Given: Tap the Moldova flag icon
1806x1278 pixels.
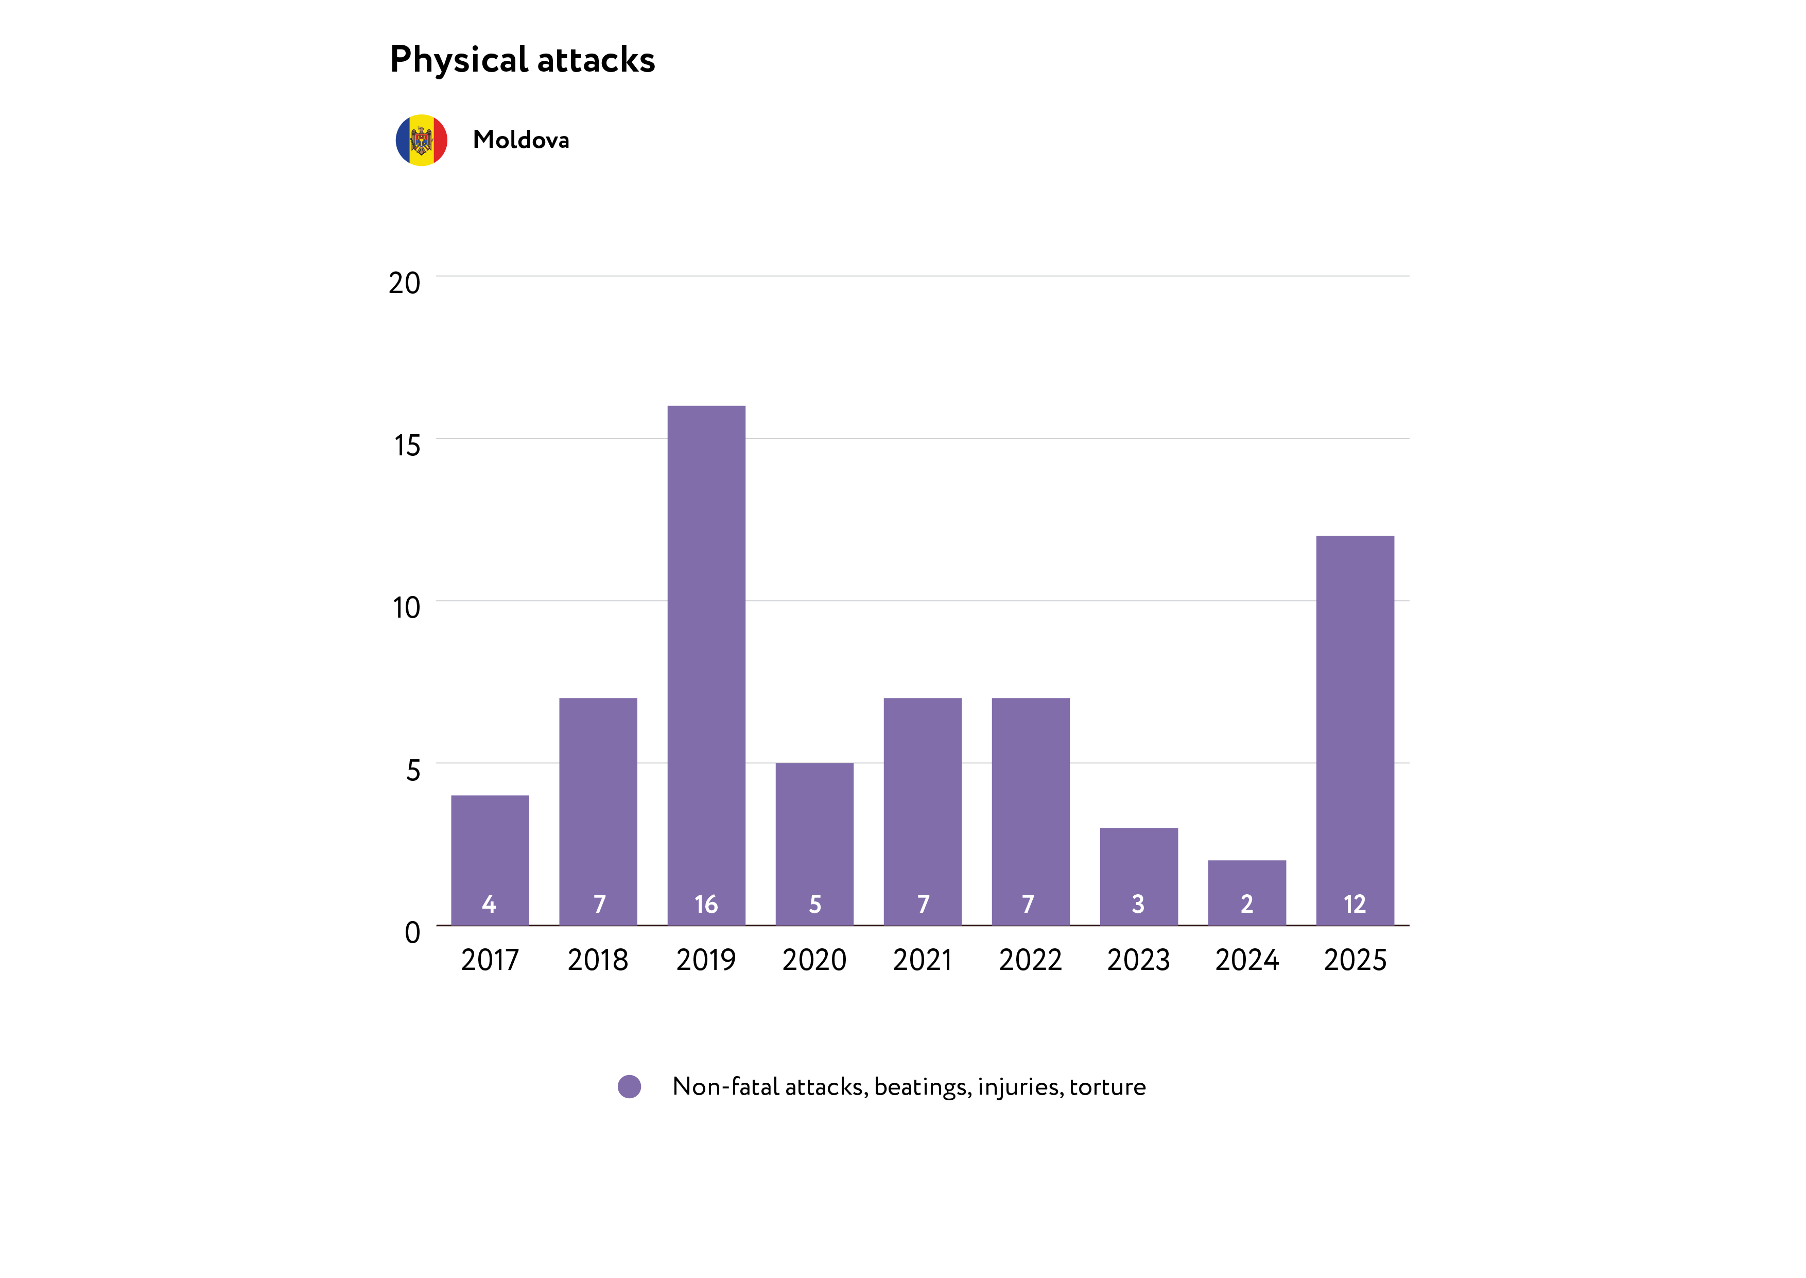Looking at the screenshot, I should click(x=422, y=140).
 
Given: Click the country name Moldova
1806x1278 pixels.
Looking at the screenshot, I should click(x=520, y=140).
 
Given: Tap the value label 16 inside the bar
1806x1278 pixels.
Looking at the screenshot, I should click(x=706, y=904).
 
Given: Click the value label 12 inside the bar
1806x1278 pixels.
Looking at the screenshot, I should click(x=1354, y=904).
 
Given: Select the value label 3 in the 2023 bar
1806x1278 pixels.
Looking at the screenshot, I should click(x=1138, y=904).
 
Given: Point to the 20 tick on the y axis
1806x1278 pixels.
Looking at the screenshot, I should click(x=404, y=283).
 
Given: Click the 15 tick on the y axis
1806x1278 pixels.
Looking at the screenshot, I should click(x=407, y=446).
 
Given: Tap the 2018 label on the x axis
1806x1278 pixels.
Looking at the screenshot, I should click(x=598, y=960).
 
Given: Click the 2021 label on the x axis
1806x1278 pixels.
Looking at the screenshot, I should click(x=922, y=960).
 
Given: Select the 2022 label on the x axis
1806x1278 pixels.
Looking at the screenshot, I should click(x=1031, y=960).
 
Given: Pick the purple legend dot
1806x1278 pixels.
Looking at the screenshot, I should click(x=629, y=1087).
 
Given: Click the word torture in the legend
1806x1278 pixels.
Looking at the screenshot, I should click(x=1107, y=1087).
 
